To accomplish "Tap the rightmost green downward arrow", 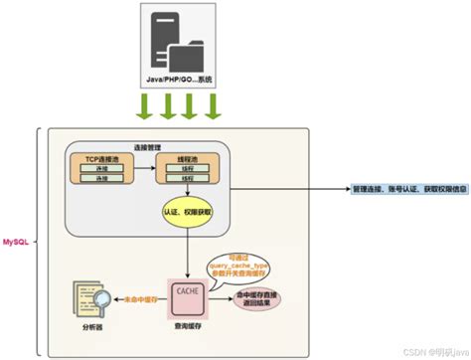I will coord(211,105).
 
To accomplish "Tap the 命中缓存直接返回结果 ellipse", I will coord(258,297).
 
